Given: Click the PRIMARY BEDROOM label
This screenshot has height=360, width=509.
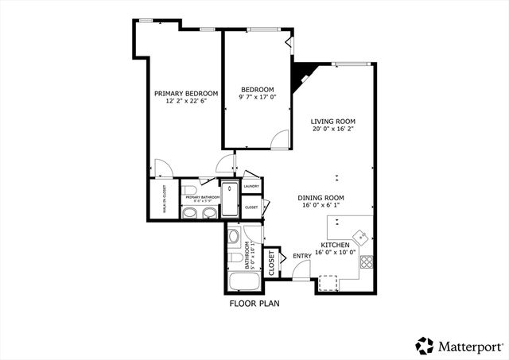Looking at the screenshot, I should click(186, 93).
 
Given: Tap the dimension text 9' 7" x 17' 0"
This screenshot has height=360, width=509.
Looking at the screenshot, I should click(258, 98).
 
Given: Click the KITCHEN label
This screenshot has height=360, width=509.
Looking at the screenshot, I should click(335, 245).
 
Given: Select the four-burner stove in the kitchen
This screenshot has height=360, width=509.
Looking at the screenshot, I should click(367, 261).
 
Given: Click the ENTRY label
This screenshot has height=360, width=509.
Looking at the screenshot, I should click(302, 256).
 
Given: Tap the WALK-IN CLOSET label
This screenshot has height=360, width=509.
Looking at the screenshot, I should click(164, 199).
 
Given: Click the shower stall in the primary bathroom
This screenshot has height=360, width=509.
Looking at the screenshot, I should click(229, 200).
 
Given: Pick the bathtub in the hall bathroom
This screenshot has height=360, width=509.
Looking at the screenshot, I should click(242, 282).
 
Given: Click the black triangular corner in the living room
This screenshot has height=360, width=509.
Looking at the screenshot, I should click(302, 76).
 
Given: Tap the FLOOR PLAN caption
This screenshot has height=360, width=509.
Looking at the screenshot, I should click(254, 304).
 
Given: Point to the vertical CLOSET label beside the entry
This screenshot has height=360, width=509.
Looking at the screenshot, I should click(271, 261).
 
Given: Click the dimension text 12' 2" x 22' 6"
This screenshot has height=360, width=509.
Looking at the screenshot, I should click(186, 101).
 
